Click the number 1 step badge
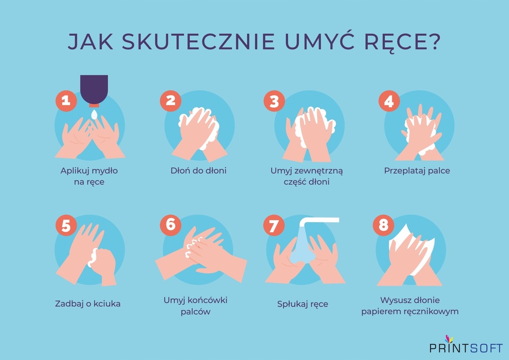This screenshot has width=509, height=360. pos(66,101)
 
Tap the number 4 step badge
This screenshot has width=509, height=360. pos(389,101)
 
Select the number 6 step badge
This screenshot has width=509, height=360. pos(170,225)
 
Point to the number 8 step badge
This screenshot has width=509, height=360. pos(383,225)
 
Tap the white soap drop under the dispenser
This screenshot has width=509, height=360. pos(94,114)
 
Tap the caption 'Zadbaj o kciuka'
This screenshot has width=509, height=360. pos(87,303)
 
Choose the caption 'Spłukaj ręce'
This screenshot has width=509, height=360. pos(302,304)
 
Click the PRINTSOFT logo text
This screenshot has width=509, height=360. pos(466,348)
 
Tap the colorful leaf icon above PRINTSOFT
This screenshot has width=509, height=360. pos(449,338)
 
